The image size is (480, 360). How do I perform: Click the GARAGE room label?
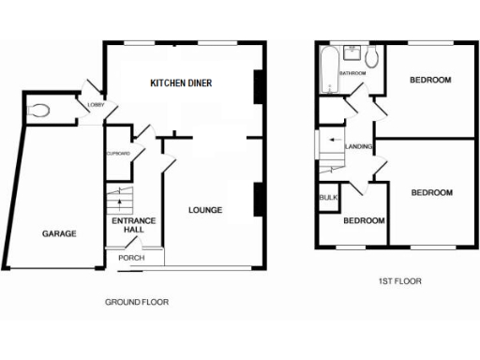[58, 233]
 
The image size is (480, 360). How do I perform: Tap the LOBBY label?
[95, 106]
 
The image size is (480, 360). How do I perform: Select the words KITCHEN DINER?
[182, 83]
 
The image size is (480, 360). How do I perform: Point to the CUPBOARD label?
[117, 153]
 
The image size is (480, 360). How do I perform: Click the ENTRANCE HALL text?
[126, 227]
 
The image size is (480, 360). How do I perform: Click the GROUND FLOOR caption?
[136, 303]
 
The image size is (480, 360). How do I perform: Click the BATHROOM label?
[352, 73]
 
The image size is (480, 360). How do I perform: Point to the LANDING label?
[360, 147]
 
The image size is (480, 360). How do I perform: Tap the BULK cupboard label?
[328, 198]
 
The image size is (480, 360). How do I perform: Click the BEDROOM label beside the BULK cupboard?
[363, 221]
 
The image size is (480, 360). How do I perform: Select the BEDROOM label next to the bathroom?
[430, 81]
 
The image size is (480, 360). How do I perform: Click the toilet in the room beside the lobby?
[38, 111]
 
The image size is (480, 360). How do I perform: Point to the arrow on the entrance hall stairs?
[118, 201]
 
